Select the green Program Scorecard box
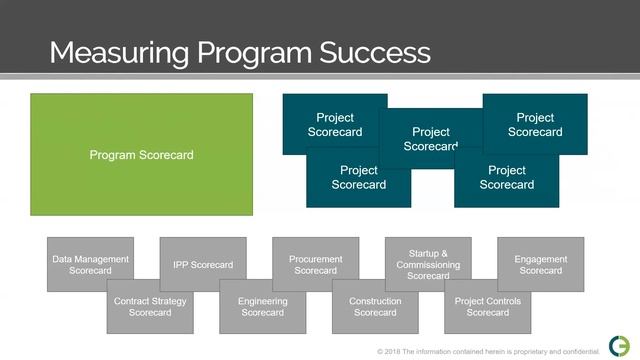pos(141,155)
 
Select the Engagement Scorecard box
pos(540,264)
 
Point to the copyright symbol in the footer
pos(381,352)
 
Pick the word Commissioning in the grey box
pos(428,265)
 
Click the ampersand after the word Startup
pos(444,254)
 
